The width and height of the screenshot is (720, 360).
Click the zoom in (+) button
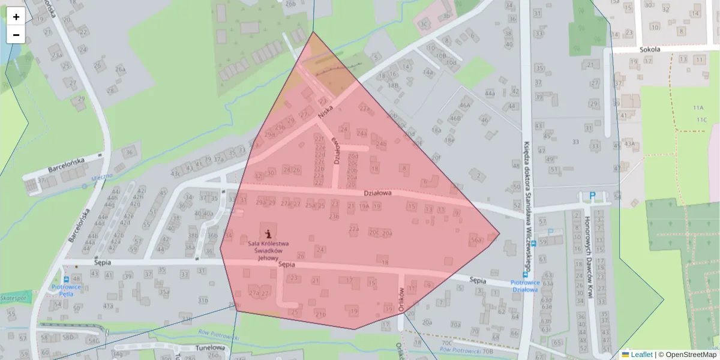tap(16, 17)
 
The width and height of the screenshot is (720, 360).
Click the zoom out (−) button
tap(16, 35)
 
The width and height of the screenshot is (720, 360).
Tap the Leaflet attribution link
tap(641, 355)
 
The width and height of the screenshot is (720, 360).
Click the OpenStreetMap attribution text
tap(691, 355)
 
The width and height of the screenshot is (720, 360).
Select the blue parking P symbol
tap(593, 196)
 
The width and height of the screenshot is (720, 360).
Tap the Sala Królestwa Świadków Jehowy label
tap(269, 251)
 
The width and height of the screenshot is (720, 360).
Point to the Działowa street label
tap(377, 193)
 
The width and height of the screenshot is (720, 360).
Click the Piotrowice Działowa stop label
tap(524, 286)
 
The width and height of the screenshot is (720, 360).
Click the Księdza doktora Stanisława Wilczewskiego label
tap(527, 204)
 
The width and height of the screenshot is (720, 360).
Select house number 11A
tap(697, 108)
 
